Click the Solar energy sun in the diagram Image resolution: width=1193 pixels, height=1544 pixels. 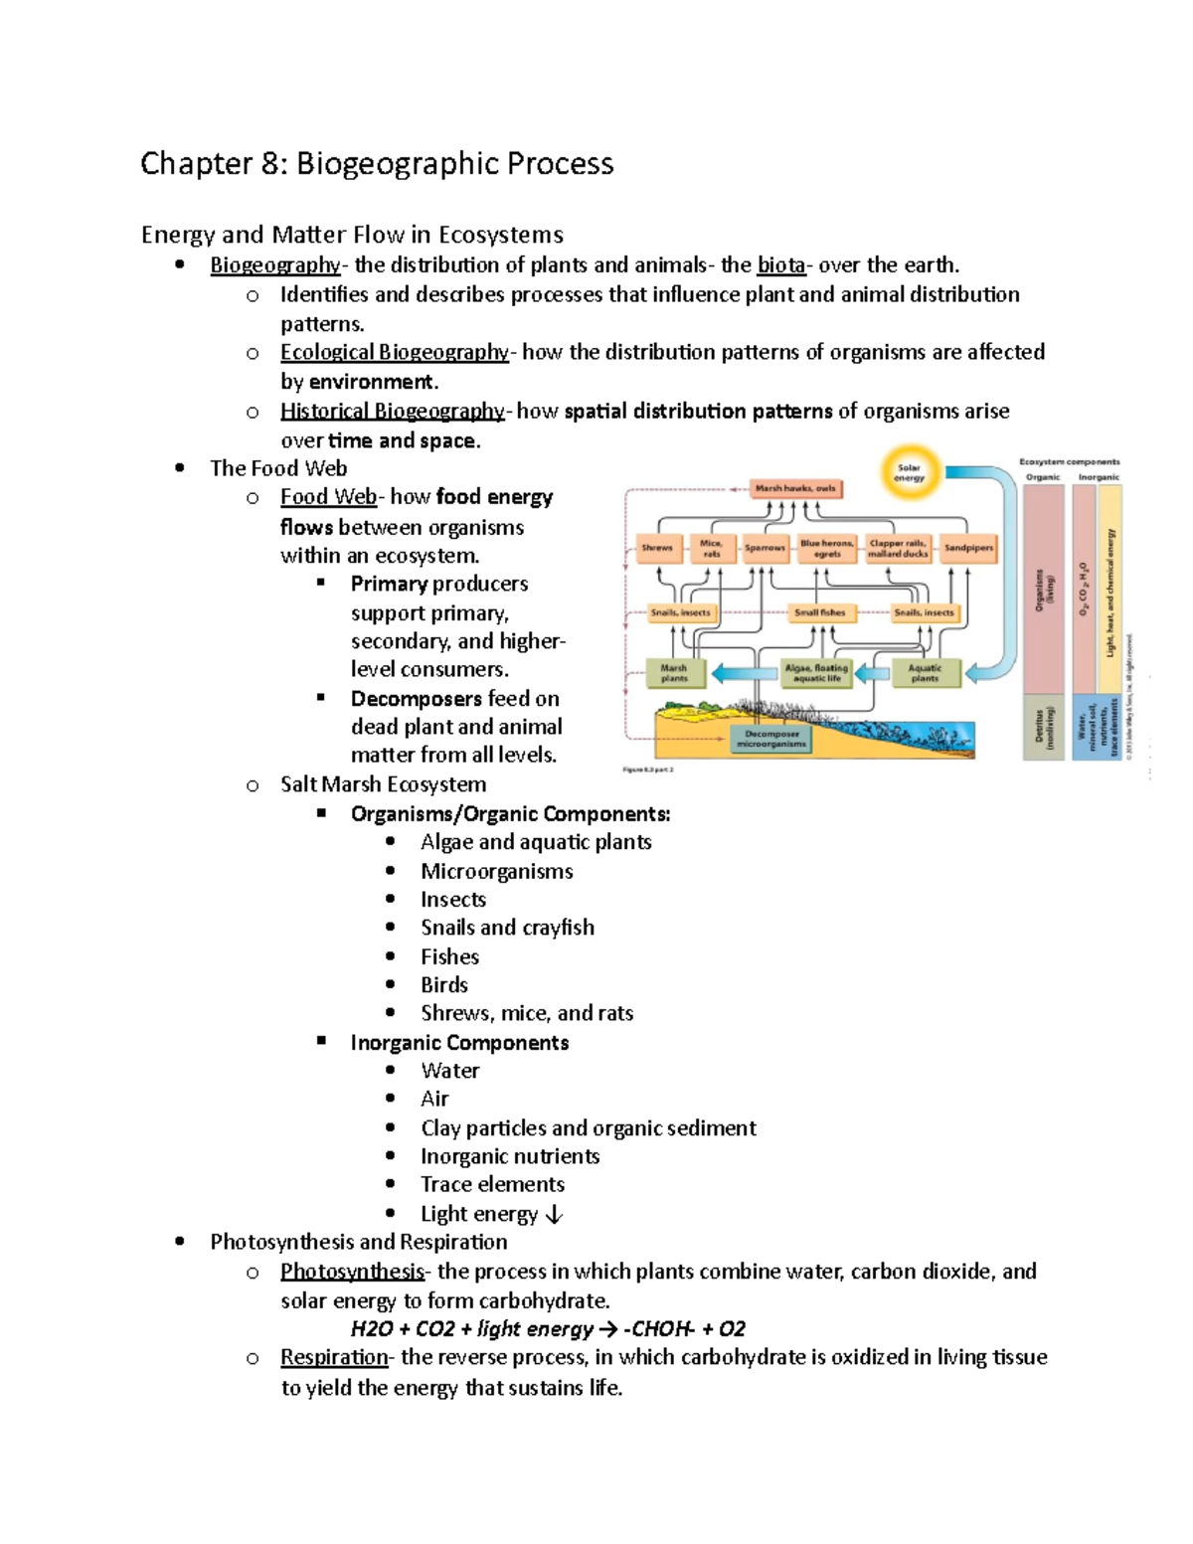(x=909, y=472)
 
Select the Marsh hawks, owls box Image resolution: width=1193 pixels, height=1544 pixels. (x=796, y=488)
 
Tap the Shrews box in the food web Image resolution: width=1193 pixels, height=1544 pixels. (x=657, y=548)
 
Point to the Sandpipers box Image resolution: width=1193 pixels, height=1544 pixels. (x=968, y=548)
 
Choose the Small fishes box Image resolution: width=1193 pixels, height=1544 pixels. (x=819, y=613)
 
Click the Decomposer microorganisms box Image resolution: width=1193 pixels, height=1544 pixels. (x=771, y=739)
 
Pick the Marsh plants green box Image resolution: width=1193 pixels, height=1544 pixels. (x=674, y=673)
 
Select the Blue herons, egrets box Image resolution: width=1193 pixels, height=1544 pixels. (x=827, y=549)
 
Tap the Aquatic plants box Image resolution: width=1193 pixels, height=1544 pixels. (x=925, y=673)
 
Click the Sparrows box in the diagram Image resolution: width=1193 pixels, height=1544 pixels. (x=765, y=548)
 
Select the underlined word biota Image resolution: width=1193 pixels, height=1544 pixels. (x=780, y=265)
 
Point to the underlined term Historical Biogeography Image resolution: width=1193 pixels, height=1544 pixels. (x=393, y=412)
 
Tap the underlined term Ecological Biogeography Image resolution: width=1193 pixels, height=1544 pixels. (x=394, y=353)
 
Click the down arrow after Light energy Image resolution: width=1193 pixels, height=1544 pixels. (x=555, y=1215)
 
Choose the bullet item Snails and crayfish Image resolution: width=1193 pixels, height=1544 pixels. (x=507, y=928)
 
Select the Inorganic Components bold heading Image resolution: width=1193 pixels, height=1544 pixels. (x=459, y=1043)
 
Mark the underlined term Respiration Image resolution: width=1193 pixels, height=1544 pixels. (x=334, y=1358)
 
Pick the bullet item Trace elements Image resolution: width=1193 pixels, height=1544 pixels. (x=492, y=1185)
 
